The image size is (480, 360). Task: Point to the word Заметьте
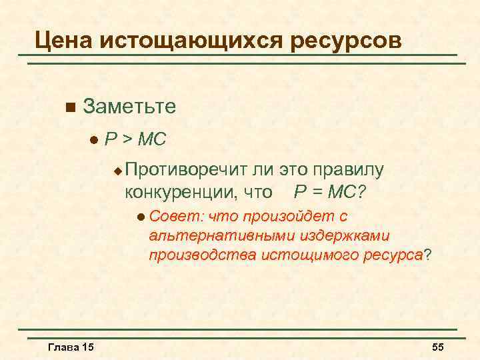point(131,107)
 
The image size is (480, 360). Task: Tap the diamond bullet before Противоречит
point(117,171)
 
